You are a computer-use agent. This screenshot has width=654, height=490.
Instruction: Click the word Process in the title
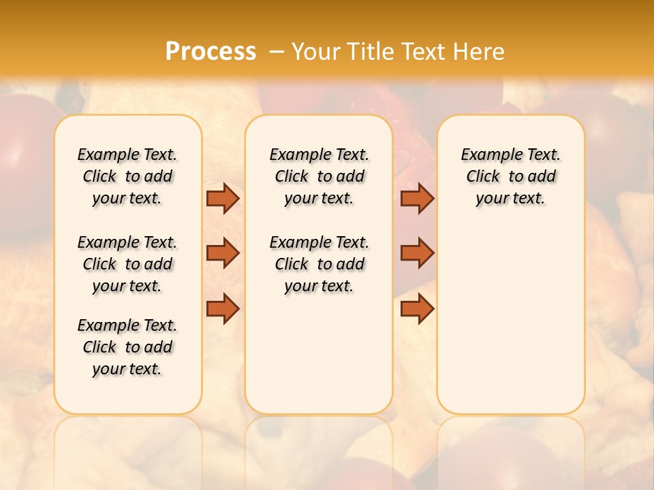click(211, 51)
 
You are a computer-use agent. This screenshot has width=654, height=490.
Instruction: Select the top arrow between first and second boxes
click(223, 198)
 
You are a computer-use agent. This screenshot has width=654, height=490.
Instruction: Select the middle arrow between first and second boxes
click(223, 253)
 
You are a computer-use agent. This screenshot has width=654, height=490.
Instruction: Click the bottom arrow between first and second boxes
click(223, 308)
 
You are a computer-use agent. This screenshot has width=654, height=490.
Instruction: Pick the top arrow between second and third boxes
click(417, 198)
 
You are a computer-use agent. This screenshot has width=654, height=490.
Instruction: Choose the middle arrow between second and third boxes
click(417, 253)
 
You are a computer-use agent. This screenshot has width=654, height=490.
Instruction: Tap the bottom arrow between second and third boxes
click(417, 308)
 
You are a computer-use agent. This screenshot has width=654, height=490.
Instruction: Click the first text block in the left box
click(127, 176)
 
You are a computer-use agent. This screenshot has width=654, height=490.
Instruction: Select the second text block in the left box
click(127, 264)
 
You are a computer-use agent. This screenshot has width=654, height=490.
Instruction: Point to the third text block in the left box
click(127, 347)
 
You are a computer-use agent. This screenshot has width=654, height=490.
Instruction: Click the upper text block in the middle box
click(319, 176)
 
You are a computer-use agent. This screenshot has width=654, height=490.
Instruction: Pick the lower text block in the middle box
click(319, 264)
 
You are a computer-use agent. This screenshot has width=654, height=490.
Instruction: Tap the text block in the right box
click(510, 176)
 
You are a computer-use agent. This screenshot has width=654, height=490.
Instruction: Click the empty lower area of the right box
click(510, 320)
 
